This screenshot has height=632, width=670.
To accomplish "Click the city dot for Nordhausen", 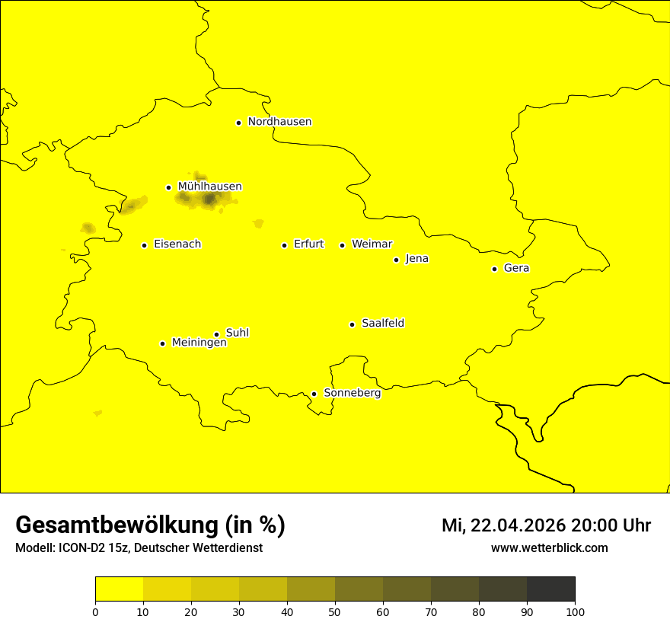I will pyautogui.click(x=238, y=123).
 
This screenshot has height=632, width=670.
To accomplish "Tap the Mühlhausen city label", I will pyautogui.click(x=209, y=187).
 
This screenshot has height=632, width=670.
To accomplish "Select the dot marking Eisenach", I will pyautogui.click(x=144, y=245).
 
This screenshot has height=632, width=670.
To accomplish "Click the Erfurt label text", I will pyautogui.click(x=308, y=244).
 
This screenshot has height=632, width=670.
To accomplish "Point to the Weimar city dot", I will pyautogui.click(x=342, y=245).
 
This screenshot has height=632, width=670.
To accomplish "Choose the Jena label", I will pyautogui.click(x=416, y=259).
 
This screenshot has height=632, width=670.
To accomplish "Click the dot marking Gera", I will pyautogui.click(x=494, y=269).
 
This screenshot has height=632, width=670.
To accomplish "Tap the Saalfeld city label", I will pyautogui.click(x=382, y=324).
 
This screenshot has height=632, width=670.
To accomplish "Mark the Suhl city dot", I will pyautogui.click(x=216, y=334).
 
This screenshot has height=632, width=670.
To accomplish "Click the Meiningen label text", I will pyautogui.click(x=199, y=343).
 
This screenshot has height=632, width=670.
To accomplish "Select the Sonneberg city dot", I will pyautogui.click(x=314, y=394).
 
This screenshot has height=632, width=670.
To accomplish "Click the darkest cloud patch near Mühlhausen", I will pyautogui.click(x=209, y=199).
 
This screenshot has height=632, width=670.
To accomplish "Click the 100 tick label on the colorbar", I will pyautogui.click(x=575, y=611).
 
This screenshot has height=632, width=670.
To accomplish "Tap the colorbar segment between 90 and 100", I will pyautogui.click(x=550, y=589).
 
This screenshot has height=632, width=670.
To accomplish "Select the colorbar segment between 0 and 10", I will pyautogui.click(x=119, y=589).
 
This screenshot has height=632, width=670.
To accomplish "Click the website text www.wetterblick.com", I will pyautogui.click(x=549, y=548).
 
